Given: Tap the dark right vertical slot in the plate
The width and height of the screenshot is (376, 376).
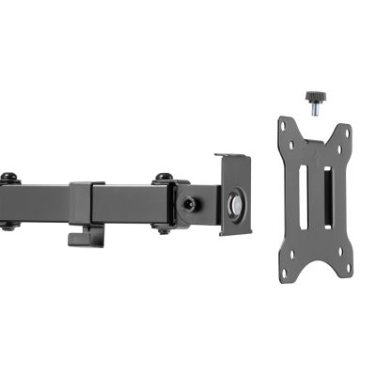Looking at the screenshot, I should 326,198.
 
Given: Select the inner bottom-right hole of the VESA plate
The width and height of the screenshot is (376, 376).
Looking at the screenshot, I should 334,249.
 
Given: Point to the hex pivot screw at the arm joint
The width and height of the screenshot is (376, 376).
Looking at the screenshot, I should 193,203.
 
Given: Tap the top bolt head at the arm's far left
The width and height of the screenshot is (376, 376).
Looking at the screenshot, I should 9,176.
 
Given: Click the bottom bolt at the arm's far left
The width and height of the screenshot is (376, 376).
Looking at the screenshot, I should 9,226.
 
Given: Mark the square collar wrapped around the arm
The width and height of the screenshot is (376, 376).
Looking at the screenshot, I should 86,202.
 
